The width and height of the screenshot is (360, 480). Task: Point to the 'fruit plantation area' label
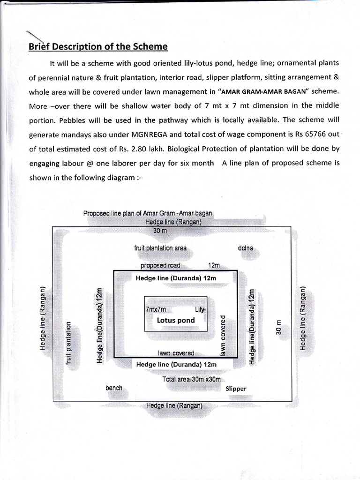[160, 248]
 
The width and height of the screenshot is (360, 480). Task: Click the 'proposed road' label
[160, 265]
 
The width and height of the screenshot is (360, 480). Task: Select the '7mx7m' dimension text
[156, 310]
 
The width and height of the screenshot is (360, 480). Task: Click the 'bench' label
[114, 388]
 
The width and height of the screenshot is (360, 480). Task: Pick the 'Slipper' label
[236, 389]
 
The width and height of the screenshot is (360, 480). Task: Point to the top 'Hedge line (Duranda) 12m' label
[176, 278]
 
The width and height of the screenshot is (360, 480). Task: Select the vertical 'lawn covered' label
[224, 334]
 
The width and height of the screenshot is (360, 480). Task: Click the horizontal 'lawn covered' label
[176, 353]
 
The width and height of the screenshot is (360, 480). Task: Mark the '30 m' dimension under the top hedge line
[160, 231]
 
